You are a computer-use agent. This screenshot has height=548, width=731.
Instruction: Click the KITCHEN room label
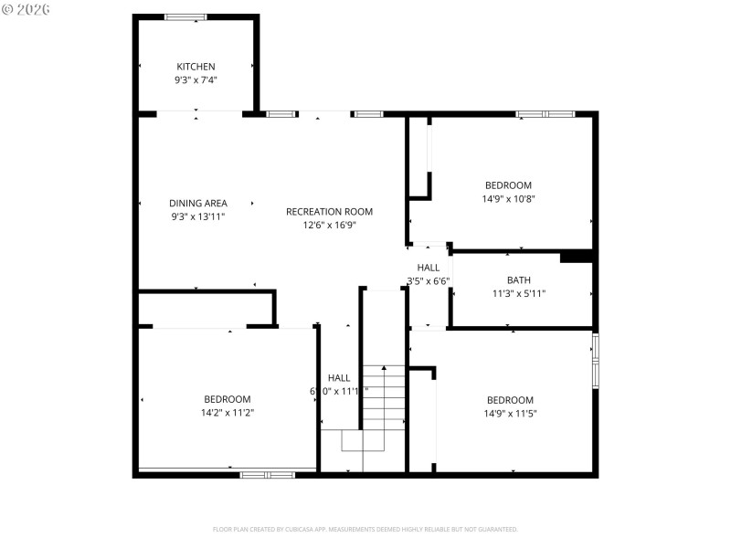click(x=196, y=67)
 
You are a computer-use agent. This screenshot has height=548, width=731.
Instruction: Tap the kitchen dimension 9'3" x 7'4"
click(x=196, y=80)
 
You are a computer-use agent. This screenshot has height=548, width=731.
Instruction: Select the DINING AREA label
click(x=198, y=204)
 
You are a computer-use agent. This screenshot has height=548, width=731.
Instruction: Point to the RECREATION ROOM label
click(x=329, y=212)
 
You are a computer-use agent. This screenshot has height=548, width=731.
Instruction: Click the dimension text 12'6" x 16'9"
click(x=329, y=225)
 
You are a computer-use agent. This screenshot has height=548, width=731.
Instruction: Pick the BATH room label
click(x=519, y=280)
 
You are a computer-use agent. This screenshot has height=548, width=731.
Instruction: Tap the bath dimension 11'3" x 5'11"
click(x=519, y=294)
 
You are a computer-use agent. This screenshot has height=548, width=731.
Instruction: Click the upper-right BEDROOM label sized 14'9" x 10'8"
click(x=508, y=185)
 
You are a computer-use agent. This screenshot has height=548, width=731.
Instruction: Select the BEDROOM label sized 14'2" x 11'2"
click(x=228, y=399)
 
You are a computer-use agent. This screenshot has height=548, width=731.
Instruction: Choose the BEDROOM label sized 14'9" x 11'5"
click(x=510, y=400)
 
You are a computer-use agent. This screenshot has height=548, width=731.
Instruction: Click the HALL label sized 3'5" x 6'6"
click(x=429, y=268)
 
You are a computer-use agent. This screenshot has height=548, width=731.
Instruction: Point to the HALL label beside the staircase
click(x=339, y=378)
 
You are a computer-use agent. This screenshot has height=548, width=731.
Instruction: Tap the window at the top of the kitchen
click(x=185, y=16)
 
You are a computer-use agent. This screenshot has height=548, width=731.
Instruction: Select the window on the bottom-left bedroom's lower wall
click(x=267, y=474)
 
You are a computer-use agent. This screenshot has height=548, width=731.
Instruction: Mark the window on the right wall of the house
click(x=595, y=361)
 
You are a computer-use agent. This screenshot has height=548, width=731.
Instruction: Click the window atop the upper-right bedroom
click(x=546, y=114)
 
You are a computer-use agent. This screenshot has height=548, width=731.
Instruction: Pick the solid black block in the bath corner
click(x=577, y=257)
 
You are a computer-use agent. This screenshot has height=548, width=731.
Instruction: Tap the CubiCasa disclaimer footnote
click(x=365, y=529)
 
